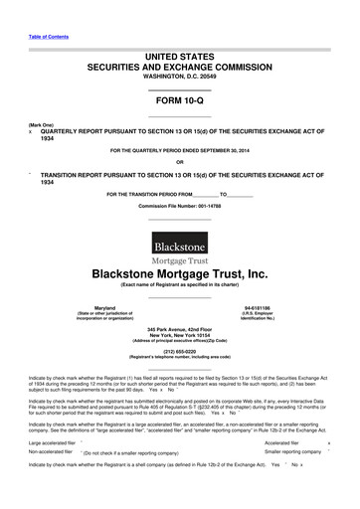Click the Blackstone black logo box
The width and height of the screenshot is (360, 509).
(180, 243)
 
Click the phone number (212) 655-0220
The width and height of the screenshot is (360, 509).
(180, 350)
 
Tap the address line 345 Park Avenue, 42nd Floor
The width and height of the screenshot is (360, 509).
(180, 329)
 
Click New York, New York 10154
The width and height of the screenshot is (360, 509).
(180, 335)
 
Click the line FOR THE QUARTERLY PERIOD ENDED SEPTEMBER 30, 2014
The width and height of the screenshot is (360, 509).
(179, 151)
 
